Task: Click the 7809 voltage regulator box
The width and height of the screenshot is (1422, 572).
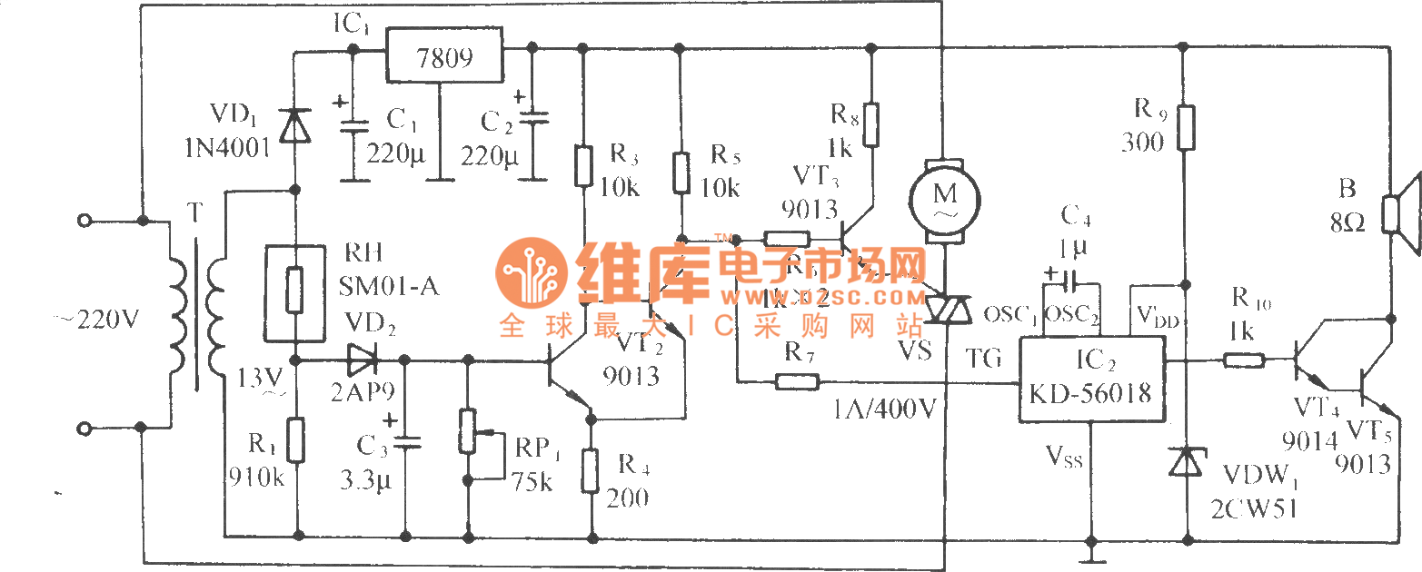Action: [x=444, y=56]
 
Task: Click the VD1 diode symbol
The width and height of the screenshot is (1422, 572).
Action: [x=293, y=125]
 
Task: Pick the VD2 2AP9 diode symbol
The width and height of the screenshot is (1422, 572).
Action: [x=361, y=360]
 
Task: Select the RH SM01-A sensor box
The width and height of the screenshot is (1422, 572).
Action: [x=293, y=290]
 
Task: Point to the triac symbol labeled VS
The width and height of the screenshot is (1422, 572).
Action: [x=946, y=310]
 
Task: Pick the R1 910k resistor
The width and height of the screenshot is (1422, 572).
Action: [x=294, y=439]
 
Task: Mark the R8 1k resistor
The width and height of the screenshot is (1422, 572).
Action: [x=871, y=125]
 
